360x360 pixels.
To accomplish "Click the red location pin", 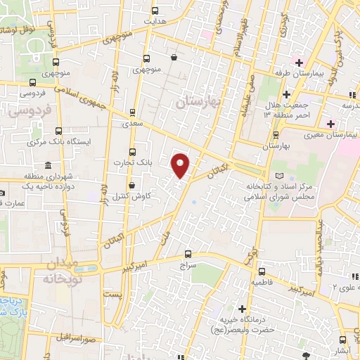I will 181,166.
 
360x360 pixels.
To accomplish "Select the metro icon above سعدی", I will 132,111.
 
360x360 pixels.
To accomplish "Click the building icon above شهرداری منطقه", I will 48,165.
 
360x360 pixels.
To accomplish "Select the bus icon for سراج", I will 187,254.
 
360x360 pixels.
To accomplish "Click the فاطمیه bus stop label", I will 261,283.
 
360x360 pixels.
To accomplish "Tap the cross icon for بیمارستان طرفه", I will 300,62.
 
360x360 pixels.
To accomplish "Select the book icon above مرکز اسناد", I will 281,174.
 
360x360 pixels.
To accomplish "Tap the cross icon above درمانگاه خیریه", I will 243,309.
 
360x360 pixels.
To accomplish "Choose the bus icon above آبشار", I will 341,340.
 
